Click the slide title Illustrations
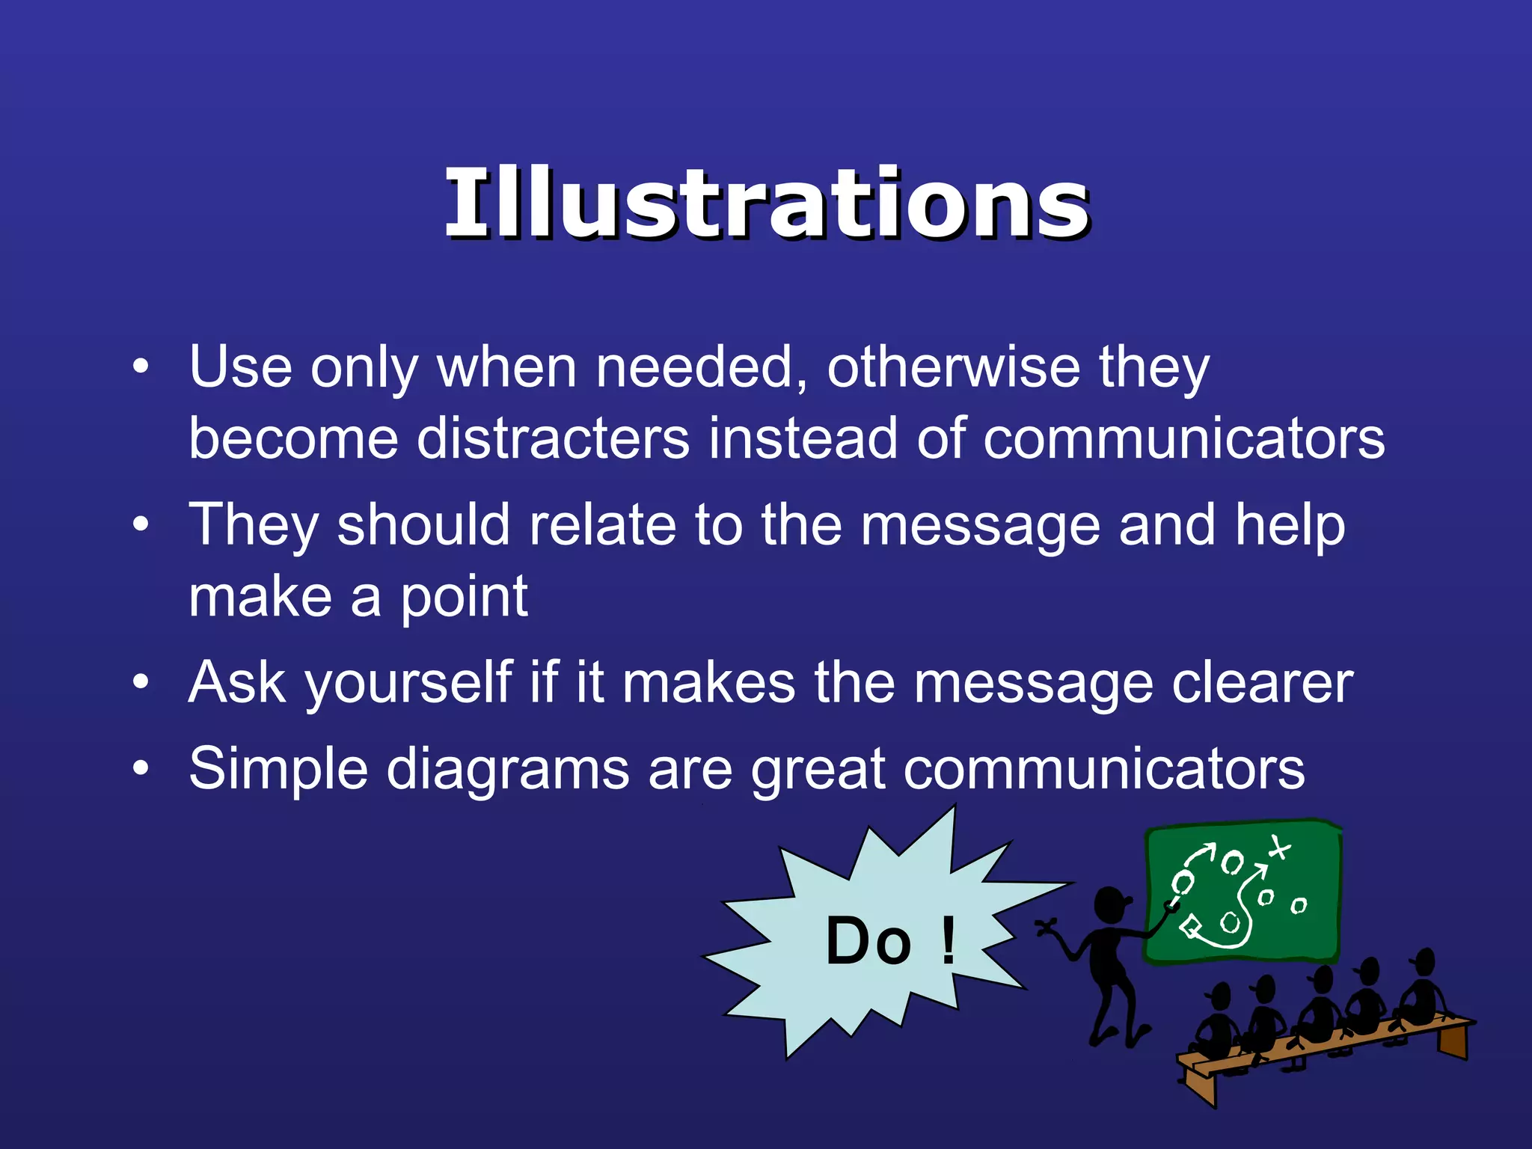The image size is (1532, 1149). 766,203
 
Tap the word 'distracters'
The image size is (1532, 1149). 553,439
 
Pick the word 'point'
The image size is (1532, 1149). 464,598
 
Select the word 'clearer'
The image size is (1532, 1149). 1263,684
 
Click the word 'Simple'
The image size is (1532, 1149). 278,770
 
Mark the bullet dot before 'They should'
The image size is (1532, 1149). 141,524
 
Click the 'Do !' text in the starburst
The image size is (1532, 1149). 890,941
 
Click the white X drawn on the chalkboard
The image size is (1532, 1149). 1279,848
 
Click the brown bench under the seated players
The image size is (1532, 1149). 1317,1047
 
